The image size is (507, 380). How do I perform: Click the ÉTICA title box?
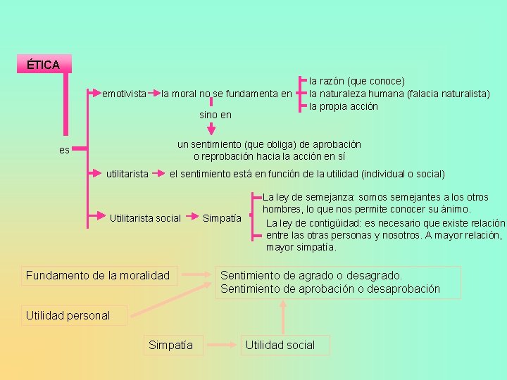[43, 65]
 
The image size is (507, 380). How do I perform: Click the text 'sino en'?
[215, 114]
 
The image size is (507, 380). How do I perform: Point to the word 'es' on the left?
[64, 149]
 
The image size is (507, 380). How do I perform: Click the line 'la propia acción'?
[344, 106]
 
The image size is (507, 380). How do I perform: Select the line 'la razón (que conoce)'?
[357, 82]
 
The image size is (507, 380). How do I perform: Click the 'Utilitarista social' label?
[145, 218]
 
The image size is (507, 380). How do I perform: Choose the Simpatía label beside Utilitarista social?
[222, 218]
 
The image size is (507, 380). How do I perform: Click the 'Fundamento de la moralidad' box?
[98, 275]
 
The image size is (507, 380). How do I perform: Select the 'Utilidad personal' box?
[68, 315]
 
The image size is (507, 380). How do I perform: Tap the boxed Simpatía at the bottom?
[171, 345]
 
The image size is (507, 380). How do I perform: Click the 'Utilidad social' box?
[280, 345]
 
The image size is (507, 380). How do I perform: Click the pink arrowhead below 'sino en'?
[211, 129]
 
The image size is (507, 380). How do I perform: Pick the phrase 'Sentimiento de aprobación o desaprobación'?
[330, 289]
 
